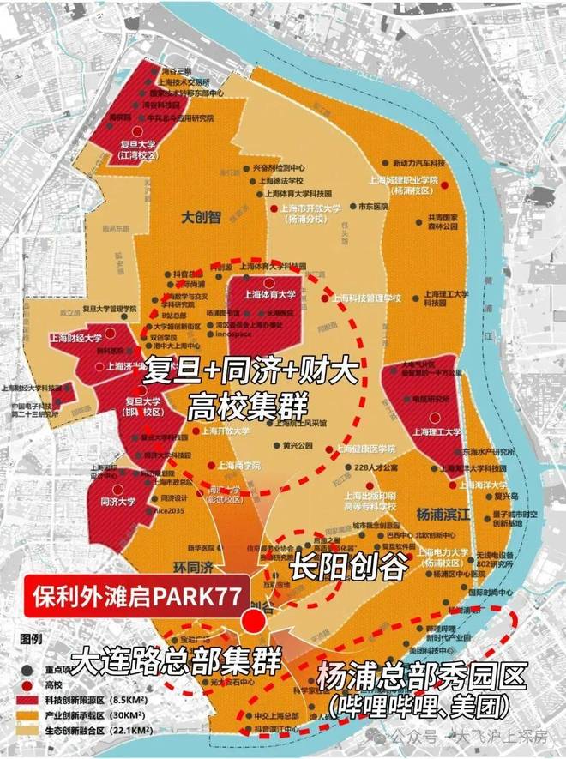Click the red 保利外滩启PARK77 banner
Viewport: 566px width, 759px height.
134,594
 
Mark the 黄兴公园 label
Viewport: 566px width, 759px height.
296,445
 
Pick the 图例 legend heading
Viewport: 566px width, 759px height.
33,639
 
